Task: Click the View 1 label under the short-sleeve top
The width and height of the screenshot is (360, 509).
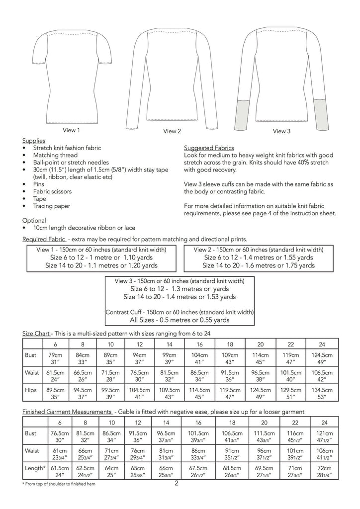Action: pos(71,130)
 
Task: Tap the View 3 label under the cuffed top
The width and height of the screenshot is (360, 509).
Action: pos(281,131)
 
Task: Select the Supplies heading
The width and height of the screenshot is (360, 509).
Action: pos(34,141)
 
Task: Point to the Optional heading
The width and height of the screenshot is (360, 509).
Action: pos(35,220)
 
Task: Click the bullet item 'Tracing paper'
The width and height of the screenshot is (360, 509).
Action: pos(52,206)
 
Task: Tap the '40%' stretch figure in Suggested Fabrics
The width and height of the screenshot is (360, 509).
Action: pos(290,170)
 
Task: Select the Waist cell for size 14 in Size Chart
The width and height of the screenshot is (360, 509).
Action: pos(170,377)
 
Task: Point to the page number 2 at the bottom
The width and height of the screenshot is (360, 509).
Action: pos(176,483)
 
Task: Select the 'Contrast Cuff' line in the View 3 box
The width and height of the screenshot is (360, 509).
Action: pos(180,312)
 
